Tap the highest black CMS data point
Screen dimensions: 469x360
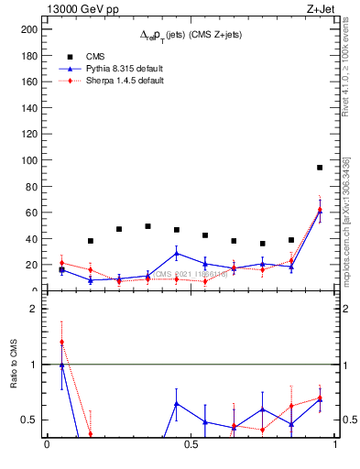(x=320, y=168)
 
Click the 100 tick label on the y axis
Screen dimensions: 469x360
(x=29, y=160)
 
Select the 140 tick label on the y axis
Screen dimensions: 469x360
(x=29, y=108)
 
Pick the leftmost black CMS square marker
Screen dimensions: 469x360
(x=61, y=270)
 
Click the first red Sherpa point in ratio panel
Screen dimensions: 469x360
(x=61, y=343)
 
